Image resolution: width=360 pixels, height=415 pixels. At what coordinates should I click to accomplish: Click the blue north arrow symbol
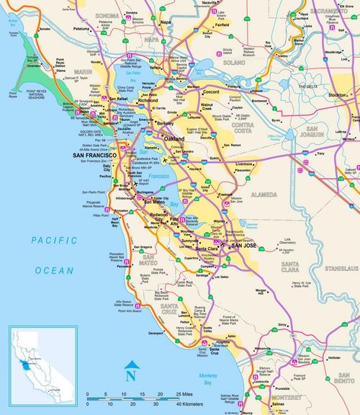130,372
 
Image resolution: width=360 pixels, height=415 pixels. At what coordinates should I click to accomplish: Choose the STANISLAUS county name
339,267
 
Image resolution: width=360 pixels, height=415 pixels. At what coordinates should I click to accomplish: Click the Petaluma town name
82,29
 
